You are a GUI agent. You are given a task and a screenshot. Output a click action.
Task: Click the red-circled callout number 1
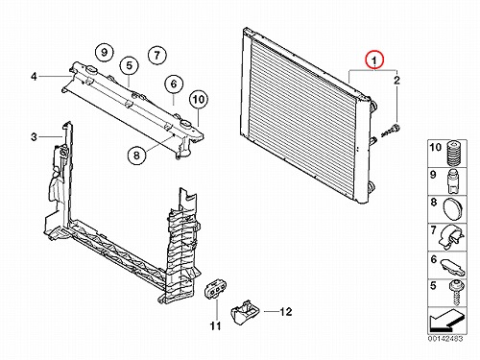coord(374,60)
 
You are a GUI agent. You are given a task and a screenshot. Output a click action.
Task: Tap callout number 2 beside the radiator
coord(396,80)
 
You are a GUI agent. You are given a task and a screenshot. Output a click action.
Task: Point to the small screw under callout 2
coord(391,131)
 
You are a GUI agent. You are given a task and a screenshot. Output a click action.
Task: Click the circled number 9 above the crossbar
coord(105,52)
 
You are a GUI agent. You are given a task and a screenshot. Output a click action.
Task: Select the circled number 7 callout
coord(156,56)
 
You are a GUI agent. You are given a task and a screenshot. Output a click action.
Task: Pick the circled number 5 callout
coord(129,66)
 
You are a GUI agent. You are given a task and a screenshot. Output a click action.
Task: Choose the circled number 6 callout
coord(174,84)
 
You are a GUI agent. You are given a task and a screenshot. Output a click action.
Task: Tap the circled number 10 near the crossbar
coord(199,100)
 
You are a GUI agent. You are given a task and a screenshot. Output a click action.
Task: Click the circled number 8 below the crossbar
coord(136,156)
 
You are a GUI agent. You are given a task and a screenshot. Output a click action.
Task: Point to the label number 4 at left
coord(34,77)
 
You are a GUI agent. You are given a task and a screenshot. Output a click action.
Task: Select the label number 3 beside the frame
coord(34,137)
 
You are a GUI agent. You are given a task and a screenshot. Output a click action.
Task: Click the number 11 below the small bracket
coord(216,326)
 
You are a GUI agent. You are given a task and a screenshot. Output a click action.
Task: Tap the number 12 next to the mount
coord(286,311)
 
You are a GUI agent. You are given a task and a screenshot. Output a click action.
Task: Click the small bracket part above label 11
coord(215,289)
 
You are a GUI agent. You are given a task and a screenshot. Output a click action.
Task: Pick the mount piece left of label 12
coord(245,311)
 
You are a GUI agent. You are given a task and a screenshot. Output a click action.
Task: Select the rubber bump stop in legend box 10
coord(453,154)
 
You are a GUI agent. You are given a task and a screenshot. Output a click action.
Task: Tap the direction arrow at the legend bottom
coord(446,320)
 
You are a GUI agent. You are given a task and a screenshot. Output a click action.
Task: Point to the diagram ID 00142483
coord(445,338)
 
